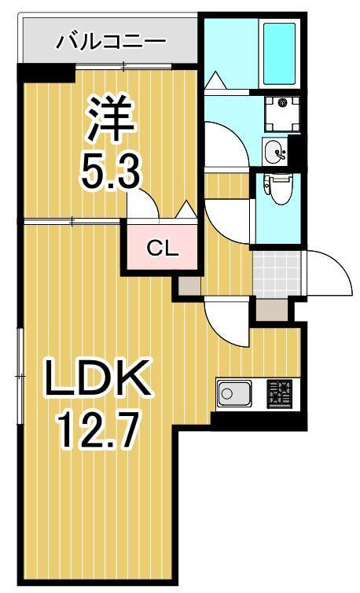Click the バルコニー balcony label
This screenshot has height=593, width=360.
110,42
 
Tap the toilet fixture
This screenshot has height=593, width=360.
277,190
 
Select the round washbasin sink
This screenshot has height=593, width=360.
275,150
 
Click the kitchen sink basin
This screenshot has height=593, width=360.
233,392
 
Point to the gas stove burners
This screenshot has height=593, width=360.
278,392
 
